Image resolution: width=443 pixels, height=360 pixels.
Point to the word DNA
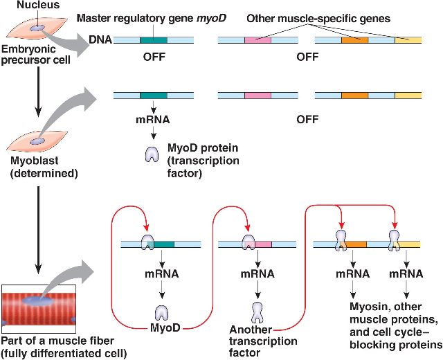[x=100, y=40]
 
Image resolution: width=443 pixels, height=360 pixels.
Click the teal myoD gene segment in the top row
[x=153, y=40]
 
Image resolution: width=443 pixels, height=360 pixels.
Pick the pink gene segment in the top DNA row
[x=257, y=40]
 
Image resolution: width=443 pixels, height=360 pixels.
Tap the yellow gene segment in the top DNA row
[x=408, y=40]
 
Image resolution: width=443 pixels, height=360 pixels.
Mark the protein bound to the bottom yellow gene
[x=395, y=239]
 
